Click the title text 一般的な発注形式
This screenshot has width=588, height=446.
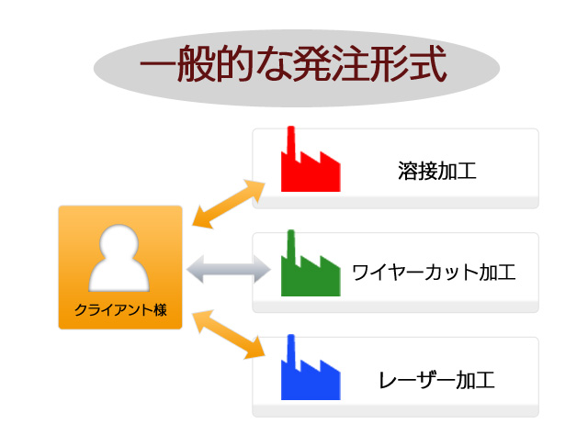click(293, 63)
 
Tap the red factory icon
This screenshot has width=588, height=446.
click(311, 165)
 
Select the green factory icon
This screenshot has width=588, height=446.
click(311, 269)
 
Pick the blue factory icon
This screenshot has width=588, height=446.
click(311, 373)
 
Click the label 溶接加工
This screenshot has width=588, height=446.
click(437, 171)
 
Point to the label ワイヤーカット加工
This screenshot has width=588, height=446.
click(434, 273)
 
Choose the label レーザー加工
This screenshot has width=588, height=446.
click(437, 380)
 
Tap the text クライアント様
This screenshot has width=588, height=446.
click(120, 310)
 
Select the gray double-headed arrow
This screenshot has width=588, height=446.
click(229, 269)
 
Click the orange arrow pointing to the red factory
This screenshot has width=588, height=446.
click(229, 204)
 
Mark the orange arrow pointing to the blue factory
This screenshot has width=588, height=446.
click(229, 334)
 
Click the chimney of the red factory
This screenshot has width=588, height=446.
click(290, 140)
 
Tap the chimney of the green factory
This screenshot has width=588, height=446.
click(290, 244)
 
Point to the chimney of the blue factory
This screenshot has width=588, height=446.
click(290, 348)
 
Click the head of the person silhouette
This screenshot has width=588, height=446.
click(119, 242)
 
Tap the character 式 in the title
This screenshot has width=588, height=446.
click(427, 63)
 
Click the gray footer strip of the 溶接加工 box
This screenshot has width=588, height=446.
click(396, 202)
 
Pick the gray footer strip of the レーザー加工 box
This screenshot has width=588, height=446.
click(396, 411)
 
